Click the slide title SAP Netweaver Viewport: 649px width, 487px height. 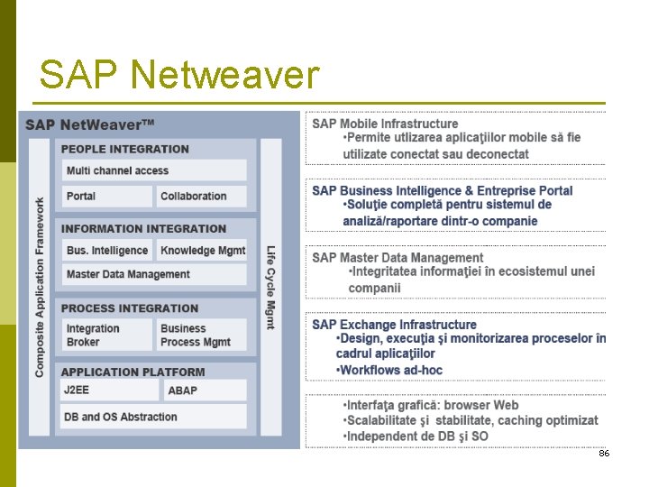click(x=178, y=76)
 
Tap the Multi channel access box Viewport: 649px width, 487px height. click(x=153, y=170)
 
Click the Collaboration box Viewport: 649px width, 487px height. click(x=201, y=196)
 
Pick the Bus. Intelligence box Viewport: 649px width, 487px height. click(x=107, y=250)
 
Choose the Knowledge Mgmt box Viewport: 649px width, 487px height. click(x=203, y=250)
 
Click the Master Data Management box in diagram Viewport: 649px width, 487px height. click(x=153, y=274)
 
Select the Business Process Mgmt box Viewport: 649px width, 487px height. click(x=201, y=335)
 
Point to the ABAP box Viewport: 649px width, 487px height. click(x=205, y=391)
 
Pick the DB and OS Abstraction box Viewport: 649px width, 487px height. click(x=153, y=417)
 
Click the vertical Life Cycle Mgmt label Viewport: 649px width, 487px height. click(x=270, y=287)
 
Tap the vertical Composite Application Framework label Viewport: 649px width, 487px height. click(x=40, y=287)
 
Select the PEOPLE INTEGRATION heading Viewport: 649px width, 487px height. click(x=125, y=149)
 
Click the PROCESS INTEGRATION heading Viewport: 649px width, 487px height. click(x=130, y=308)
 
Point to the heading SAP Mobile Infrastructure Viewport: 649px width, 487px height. click(x=385, y=124)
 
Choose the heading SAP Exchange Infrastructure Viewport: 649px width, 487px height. click(x=394, y=324)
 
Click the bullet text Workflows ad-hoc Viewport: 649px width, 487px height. click(x=389, y=370)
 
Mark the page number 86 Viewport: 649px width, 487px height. click(x=604, y=453)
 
